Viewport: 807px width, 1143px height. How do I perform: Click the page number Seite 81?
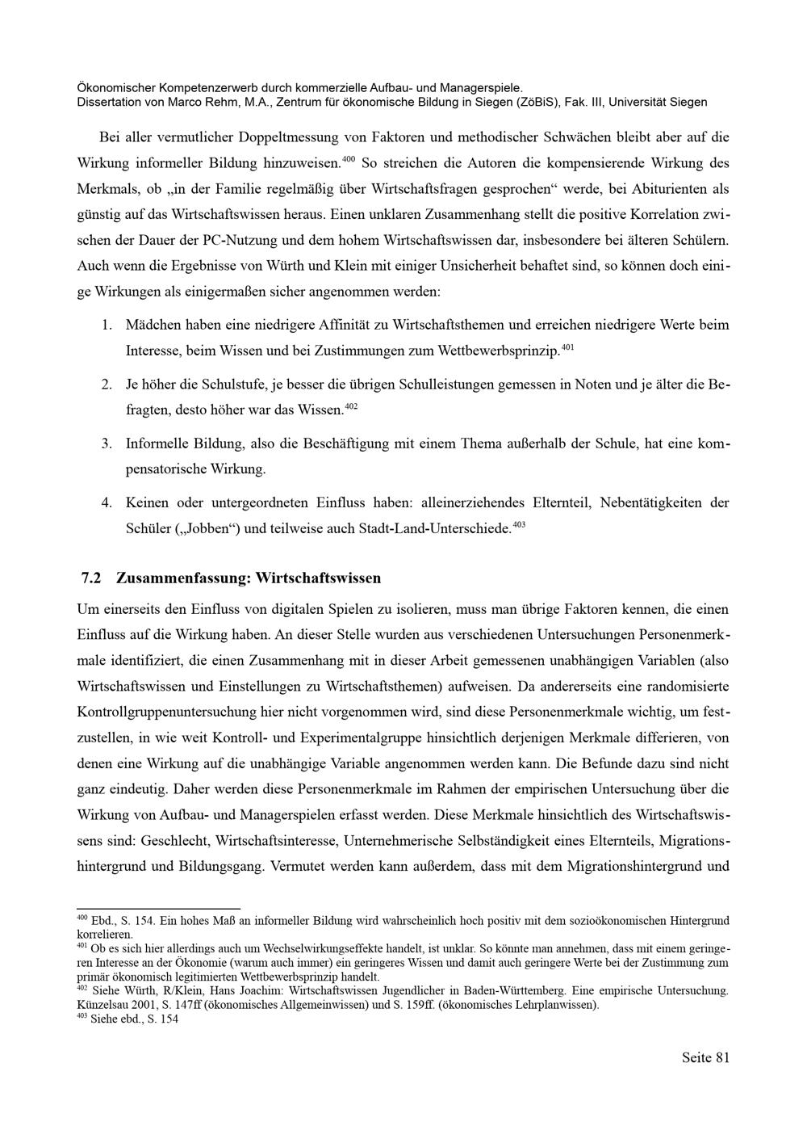(x=705, y=1058)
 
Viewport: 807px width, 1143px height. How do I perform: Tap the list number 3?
(x=106, y=443)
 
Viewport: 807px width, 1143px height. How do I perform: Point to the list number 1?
(x=106, y=326)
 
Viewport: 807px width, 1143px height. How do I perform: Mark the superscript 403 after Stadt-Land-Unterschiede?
(x=520, y=525)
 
